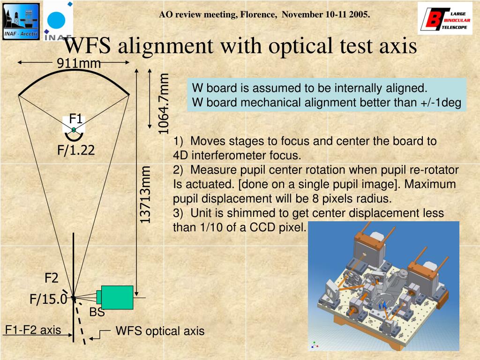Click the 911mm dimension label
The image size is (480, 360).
click(x=79, y=63)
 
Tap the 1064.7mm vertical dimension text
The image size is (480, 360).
click(x=163, y=103)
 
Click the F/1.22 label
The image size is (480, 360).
click(x=76, y=150)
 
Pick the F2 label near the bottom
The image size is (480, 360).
click(x=52, y=278)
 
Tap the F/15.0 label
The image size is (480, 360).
click(x=48, y=299)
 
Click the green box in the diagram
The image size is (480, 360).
click(x=117, y=297)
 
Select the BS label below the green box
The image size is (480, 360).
click(x=97, y=312)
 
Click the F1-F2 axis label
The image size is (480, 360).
click(x=33, y=330)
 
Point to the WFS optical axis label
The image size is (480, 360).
click(x=160, y=331)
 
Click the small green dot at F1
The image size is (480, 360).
click(x=74, y=130)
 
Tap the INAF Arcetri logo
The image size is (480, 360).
click(x=21, y=21)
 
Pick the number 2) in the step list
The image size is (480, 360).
click(x=179, y=170)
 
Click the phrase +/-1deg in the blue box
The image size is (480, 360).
click(x=439, y=102)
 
